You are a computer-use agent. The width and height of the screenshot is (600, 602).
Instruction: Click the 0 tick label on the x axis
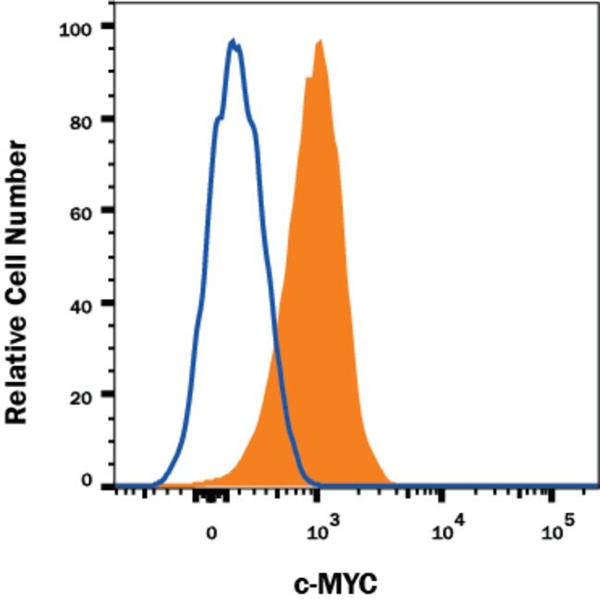pyautogui.click(x=211, y=532)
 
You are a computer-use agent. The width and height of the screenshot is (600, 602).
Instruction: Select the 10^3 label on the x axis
pyautogui.click(x=318, y=528)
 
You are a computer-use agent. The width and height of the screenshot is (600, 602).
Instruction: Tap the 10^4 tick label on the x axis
pyautogui.click(x=445, y=528)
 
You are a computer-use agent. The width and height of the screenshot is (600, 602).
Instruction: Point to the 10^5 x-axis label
pyautogui.click(x=556, y=528)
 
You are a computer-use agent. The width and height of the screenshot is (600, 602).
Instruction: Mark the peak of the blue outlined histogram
pyautogui.click(x=234, y=42)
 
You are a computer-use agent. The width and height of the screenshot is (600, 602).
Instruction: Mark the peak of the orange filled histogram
pyautogui.click(x=319, y=41)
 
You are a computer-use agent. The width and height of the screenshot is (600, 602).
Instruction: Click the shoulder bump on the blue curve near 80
pyautogui.click(x=219, y=117)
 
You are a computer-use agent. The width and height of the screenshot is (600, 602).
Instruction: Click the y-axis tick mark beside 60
pyautogui.click(x=109, y=211)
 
